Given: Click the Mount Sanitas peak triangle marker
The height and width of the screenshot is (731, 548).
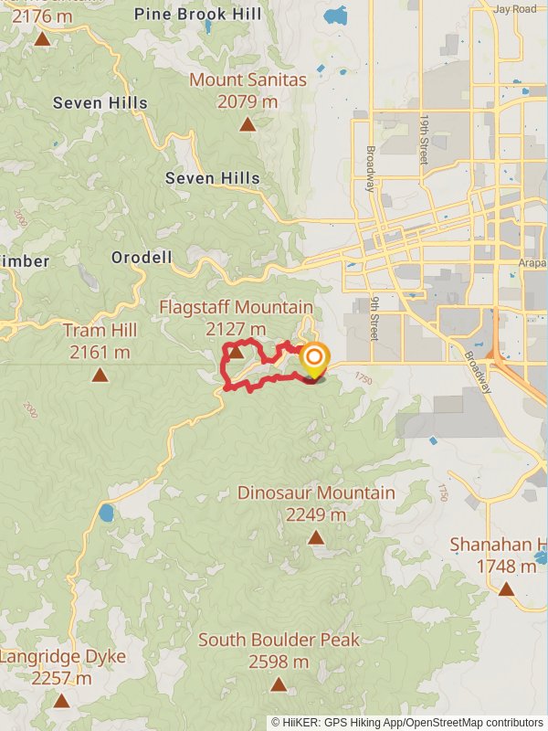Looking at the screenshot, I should (248, 124).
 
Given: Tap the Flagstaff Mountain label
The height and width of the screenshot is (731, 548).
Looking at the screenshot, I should (236, 308).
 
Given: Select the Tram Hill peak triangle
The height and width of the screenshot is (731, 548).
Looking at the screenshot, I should (99, 375).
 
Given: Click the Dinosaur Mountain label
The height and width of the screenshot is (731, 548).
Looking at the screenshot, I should (316, 493).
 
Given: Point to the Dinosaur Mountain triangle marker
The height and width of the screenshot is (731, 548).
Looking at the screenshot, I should (316, 537).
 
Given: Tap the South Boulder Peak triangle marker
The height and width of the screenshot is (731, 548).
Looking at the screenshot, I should (278, 684).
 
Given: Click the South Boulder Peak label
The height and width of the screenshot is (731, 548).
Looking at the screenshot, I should (279, 641).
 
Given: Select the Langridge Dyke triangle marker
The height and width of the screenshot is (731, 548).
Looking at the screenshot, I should (61, 701).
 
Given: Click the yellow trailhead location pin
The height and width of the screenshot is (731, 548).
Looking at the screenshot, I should (313, 358).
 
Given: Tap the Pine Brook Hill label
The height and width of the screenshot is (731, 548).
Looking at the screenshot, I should (197, 15).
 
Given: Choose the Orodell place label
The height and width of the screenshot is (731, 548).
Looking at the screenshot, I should (142, 259).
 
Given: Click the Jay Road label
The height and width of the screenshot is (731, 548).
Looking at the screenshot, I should (515, 9).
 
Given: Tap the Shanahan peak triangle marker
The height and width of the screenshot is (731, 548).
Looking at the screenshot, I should (506, 589).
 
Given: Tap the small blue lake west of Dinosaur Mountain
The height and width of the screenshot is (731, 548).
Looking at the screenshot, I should (106, 513).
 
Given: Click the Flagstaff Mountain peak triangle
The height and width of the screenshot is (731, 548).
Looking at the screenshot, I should (236, 352).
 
